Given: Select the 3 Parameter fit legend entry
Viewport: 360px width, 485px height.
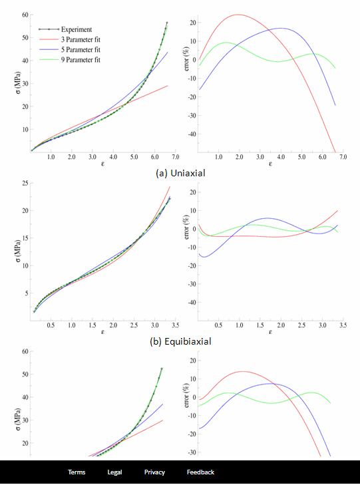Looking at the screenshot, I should (82, 40).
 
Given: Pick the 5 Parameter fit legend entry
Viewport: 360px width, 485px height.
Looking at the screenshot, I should (82, 51).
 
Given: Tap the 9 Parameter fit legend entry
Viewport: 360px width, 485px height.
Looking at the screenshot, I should (82, 61).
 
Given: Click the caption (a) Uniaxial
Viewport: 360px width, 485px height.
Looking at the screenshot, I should (180, 172).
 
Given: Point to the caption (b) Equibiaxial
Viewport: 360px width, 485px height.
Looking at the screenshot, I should (180, 340).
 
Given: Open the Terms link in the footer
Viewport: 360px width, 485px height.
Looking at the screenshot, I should (77, 472).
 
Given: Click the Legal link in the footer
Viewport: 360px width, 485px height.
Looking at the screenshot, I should (114, 472).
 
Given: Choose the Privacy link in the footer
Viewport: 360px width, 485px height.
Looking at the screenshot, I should (154, 472).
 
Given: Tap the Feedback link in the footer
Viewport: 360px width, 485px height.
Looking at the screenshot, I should (200, 472).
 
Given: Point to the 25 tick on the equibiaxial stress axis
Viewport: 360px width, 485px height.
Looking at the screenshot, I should (23, 183).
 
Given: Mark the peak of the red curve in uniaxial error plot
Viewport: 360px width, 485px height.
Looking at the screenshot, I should (238, 15).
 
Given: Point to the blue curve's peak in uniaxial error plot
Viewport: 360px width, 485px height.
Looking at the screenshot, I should (281, 28).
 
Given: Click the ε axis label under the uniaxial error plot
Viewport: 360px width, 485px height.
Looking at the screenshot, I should (270, 163).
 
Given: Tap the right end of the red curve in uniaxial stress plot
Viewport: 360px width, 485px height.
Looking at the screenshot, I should (168, 85).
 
